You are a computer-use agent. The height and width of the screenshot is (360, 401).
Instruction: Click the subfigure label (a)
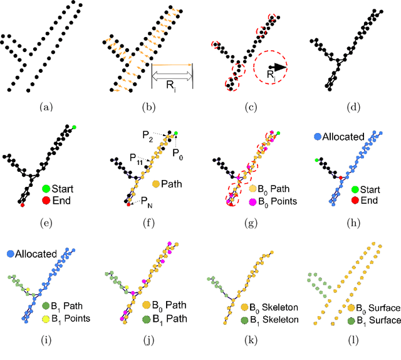46,107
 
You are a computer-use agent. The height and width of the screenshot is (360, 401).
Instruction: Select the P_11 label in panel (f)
135,159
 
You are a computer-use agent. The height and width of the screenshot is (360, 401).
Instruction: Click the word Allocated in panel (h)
347,135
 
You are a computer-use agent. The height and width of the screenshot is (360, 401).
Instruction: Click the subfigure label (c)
251,107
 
